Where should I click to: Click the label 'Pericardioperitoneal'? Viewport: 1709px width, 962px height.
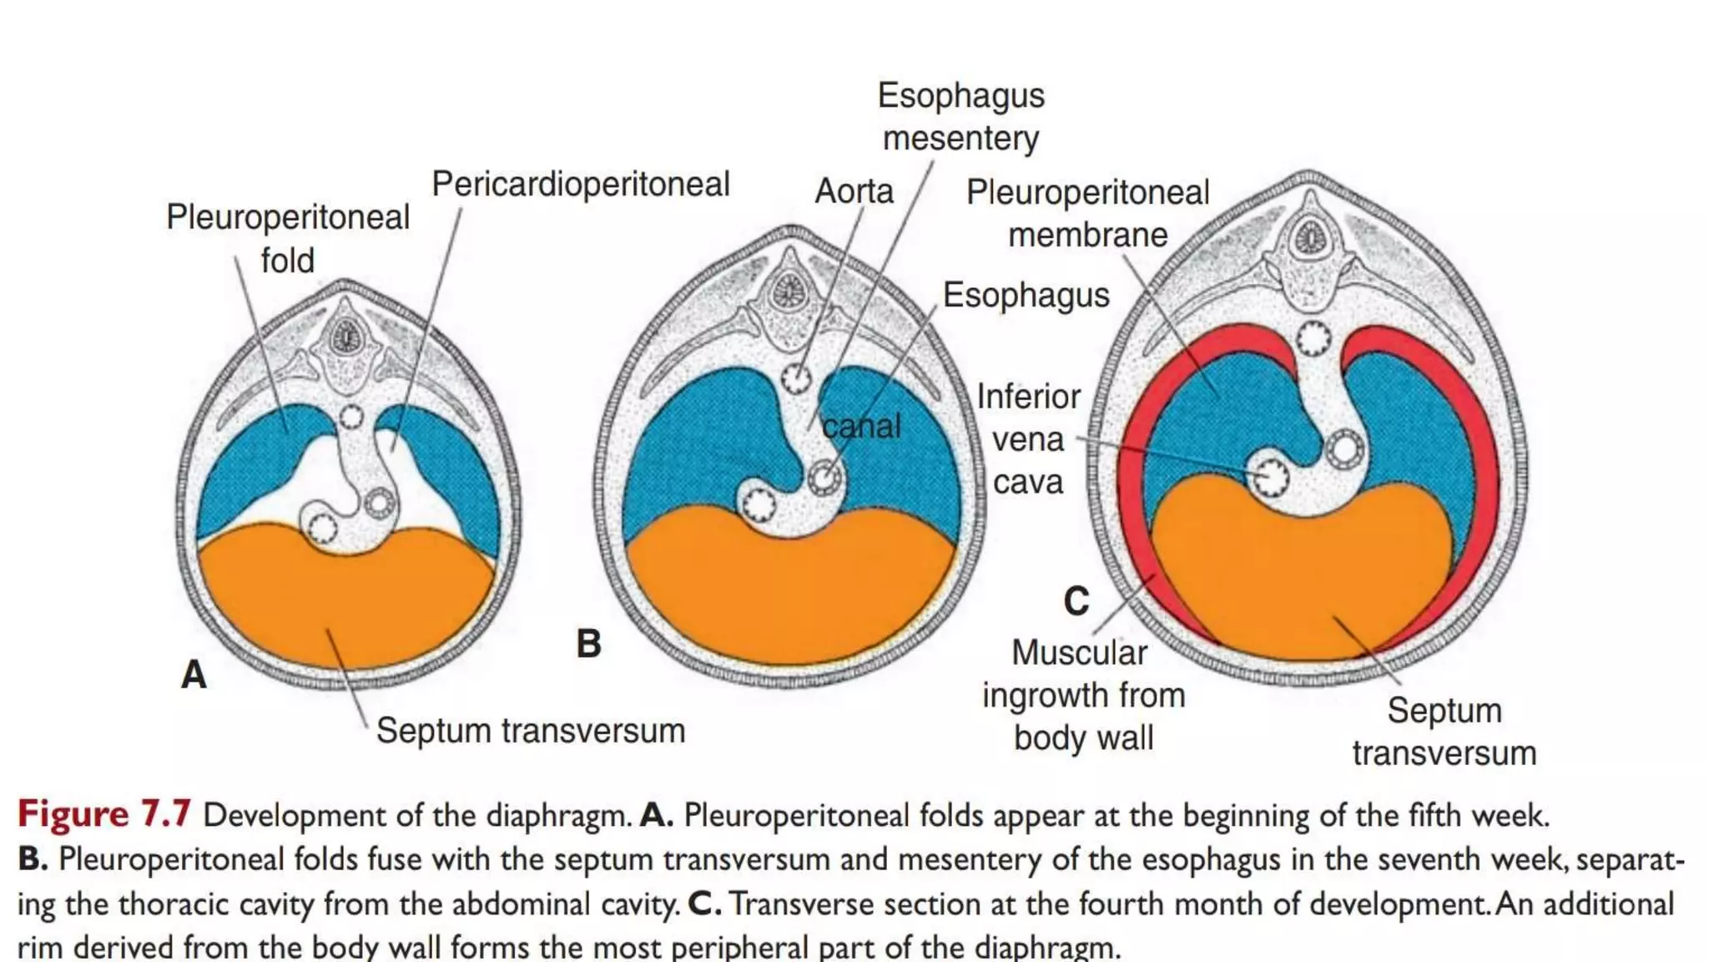(581, 185)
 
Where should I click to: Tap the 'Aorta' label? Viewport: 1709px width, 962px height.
(854, 191)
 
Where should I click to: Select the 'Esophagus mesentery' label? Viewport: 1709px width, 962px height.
(960, 117)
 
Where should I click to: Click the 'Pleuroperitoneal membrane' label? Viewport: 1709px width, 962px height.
(1087, 214)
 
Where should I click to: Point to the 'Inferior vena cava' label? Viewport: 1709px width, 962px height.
(1028, 439)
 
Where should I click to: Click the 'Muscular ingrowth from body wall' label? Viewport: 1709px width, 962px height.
(1083, 695)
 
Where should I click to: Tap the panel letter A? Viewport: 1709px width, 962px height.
(194, 674)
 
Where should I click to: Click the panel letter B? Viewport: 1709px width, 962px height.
(588, 644)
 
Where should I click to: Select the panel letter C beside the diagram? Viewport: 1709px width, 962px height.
(1076, 601)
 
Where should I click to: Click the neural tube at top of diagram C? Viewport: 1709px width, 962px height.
(1309, 238)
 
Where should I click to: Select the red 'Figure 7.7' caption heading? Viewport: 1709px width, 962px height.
(104, 814)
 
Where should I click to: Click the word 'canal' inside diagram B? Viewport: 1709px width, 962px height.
(862, 427)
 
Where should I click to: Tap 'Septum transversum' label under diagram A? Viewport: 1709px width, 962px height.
(531, 731)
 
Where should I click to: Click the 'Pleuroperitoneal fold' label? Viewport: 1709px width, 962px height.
(288, 238)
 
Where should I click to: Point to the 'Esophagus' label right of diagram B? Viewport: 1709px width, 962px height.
(1026, 296)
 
